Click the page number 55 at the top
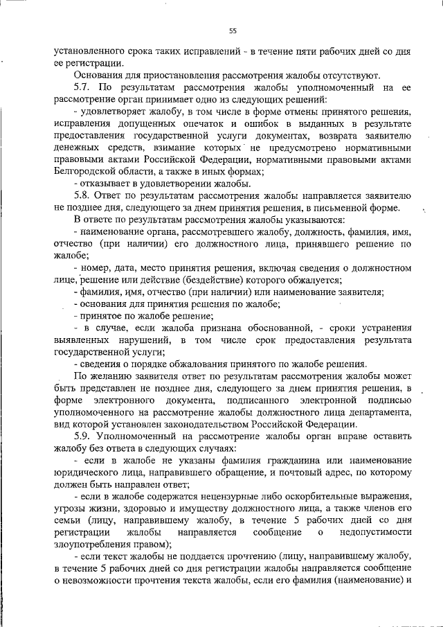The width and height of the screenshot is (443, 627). point(233,30)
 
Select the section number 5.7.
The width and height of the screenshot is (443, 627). point(82,88)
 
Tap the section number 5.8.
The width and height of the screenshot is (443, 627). point(82,196)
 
